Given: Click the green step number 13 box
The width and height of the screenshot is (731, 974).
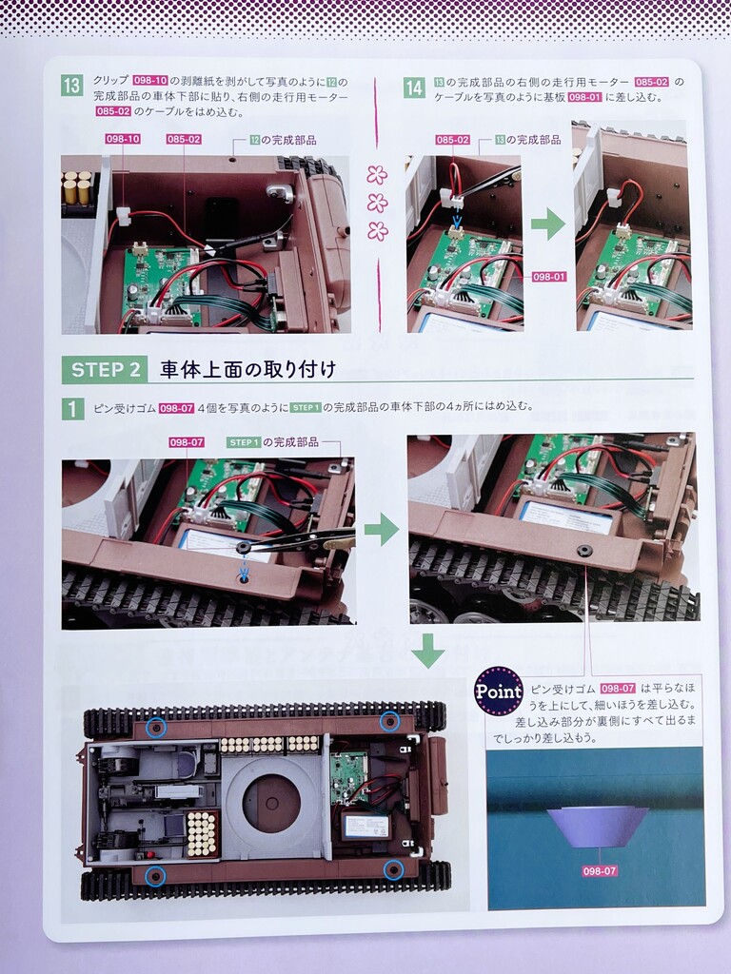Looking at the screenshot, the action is (72, 85).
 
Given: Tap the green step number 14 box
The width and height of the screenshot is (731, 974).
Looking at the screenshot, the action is (414, 88).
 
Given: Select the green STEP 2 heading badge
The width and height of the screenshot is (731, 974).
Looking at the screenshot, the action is (105, 370).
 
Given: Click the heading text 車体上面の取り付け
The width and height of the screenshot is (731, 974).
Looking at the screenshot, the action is (248, 370).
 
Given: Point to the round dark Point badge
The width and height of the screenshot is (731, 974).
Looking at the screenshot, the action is (499, 691).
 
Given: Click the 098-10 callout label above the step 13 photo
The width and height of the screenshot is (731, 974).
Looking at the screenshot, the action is (123, 139).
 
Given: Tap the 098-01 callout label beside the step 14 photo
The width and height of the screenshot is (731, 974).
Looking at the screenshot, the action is (549, 277).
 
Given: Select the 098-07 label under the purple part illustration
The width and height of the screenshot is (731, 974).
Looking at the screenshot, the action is (600, 871).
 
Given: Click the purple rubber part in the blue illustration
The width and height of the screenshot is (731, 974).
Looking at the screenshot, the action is (598, 827).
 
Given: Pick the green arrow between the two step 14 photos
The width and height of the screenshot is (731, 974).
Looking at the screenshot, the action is (547, 224).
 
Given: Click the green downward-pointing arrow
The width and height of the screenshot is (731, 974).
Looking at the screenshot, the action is (429, 651).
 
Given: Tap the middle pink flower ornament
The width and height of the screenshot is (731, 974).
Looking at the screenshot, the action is (377, 203).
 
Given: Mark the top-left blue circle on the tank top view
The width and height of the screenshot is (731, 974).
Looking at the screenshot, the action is (155, 727).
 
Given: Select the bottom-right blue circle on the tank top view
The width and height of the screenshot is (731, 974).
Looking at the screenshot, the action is (393, 869).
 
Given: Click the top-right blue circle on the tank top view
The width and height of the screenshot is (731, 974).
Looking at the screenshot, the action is (389, 721).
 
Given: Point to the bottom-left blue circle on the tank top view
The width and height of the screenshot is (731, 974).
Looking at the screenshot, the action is (155, 876).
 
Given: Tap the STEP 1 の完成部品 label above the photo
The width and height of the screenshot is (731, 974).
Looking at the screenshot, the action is (273, 442).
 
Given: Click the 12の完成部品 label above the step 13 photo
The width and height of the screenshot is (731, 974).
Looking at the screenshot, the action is (283, 140).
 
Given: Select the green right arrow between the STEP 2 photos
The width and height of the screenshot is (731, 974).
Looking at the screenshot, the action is (382, 530).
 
